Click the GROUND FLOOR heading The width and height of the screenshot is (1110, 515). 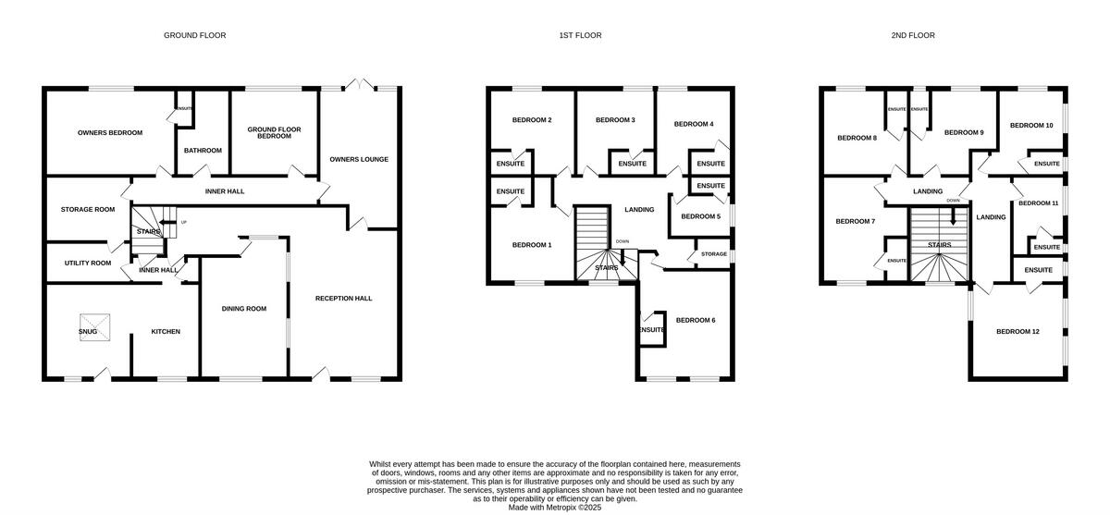point(194,35)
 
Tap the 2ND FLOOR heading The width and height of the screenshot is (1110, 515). point(912,35)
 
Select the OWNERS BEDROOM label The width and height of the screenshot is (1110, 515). point(110,132)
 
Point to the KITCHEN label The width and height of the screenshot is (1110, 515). point(166,331)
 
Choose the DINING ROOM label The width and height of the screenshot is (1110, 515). point(244,309)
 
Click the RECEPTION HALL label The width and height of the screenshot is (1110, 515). point(343,298)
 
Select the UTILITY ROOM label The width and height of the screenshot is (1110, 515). point(88,263)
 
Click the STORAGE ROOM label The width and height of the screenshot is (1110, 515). point(88,209)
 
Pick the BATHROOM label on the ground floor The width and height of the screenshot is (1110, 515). point(203,150)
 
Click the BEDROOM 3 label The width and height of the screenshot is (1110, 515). point(615,120)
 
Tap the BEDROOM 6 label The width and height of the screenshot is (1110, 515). point(696,320)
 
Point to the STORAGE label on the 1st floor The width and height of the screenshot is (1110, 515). point(713,253)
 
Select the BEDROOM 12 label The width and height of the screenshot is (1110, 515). point(1017,330)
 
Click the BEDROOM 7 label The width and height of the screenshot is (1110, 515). point(855,221)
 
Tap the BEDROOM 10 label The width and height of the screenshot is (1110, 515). point(1031,125)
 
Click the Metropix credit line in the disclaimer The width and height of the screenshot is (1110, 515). point(554,507)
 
